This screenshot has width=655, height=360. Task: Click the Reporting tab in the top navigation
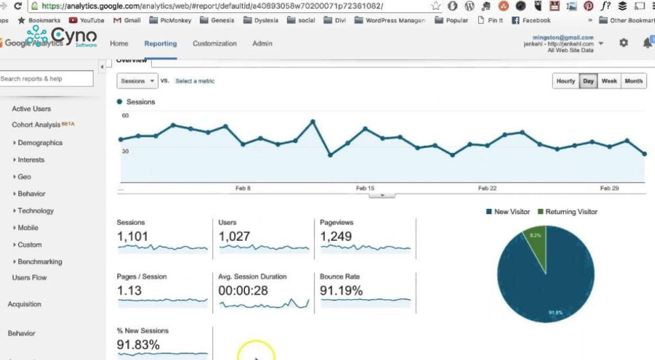click(x=160, y=44)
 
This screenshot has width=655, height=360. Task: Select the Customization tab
click(x=214, y=44)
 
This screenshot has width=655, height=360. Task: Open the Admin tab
click(x=262, y=44)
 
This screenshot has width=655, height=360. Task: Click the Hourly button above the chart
click(x=565, y=81)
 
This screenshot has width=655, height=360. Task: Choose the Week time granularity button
click(x=609, y=81)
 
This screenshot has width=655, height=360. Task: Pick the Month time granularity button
click(x=633, y=81)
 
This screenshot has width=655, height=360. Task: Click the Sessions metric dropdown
click(x=137, y=81)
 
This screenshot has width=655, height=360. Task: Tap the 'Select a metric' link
click(x=195, y=81)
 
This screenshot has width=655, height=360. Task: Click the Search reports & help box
click(x=46, y=79)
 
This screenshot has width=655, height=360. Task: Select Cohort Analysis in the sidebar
click(x=36, y=125)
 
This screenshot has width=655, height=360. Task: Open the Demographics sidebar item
click(x=40, y=143)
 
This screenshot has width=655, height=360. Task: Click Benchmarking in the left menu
click(x=40, y=262)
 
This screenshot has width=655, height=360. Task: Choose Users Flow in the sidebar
click(x=29, y=278)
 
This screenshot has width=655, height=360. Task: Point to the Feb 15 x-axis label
click(x=365, y=189)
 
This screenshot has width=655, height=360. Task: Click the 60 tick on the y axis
click(x=125, y=116)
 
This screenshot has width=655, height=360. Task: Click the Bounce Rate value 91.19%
click(x=341, y=291)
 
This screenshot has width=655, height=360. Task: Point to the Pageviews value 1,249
click(x=336, y=236)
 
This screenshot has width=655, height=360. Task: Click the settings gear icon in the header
click(x=623, y=43)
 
